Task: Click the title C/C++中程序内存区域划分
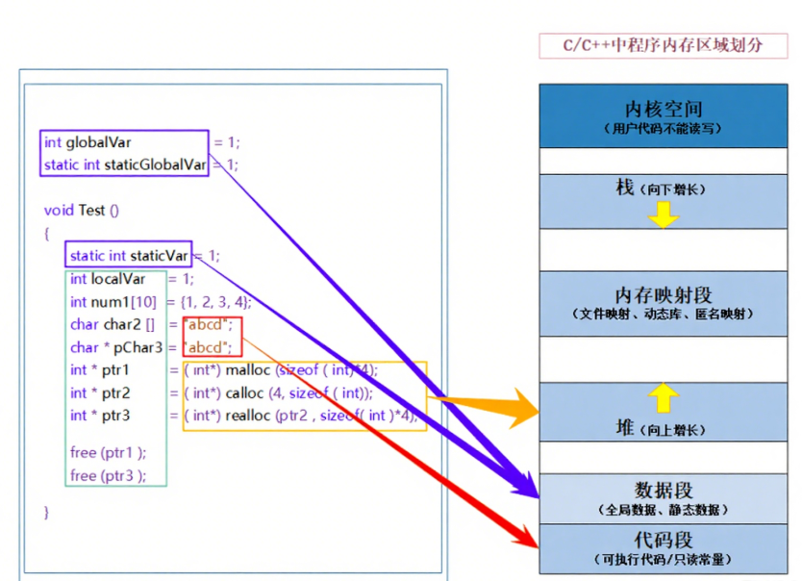tap(664, 45)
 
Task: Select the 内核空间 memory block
tap(664, 115)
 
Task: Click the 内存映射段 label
tap(664, 295)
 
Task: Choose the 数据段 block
tap(664, 497)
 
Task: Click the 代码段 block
tap(664, 546)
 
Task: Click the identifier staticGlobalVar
tap(155, 164)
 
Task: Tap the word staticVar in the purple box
tap(159, 255)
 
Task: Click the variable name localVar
tap(118, 279)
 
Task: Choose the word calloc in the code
tap(245, 392)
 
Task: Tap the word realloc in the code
tap(247, 415)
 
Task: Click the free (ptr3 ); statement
tap(108, 475)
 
